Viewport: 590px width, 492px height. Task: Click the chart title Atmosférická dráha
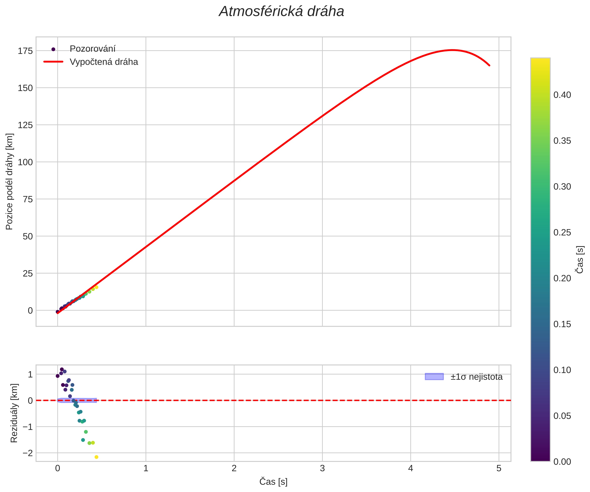(281, 12)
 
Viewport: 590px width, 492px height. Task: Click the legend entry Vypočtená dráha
(104, 62)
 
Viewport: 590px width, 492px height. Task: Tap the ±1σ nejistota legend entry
(476, 377)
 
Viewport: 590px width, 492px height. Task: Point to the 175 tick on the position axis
(25, 51)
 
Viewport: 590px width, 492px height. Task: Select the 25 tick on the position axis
(28, 273)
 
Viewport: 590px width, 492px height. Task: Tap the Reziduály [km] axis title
(14, 413)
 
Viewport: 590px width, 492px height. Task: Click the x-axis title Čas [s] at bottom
(273, 482)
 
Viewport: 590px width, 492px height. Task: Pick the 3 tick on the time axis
(322, 468)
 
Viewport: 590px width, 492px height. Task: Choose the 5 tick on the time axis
(499, 468)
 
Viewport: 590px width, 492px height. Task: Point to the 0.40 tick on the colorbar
(562, 95)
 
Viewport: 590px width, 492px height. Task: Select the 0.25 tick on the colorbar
(562, 233)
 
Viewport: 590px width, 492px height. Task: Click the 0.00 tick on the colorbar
(562, 462)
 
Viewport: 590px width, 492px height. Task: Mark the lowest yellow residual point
(96, 457)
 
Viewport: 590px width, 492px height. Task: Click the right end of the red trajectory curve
(489, 66)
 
